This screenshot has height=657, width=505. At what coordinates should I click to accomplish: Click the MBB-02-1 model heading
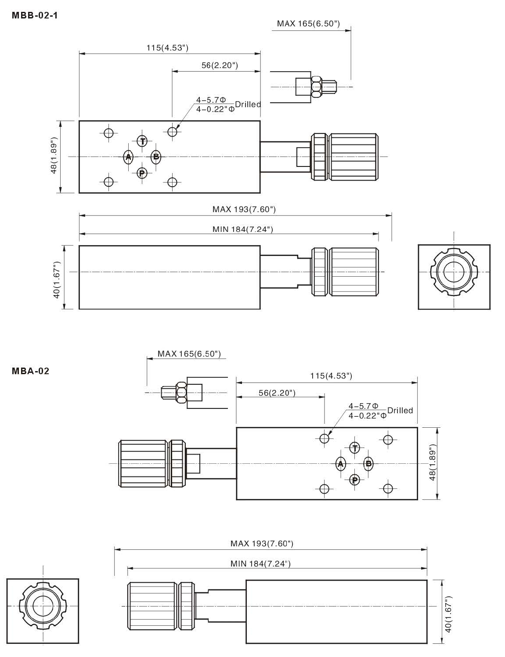35,15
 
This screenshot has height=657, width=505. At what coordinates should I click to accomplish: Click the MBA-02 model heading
30,371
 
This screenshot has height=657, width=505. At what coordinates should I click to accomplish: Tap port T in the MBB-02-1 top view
142,141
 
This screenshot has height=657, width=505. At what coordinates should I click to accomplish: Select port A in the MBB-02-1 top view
128,157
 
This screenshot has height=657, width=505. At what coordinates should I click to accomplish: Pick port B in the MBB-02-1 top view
156,157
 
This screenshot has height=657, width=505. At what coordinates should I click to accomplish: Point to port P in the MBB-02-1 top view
142,173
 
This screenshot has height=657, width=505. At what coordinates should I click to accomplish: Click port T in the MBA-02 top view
355,448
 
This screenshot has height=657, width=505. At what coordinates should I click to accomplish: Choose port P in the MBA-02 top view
355,480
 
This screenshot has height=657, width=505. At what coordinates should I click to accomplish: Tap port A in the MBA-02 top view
341,464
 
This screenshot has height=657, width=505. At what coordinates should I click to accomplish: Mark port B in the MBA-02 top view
368,464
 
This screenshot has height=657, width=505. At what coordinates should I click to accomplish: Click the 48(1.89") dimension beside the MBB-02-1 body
54,156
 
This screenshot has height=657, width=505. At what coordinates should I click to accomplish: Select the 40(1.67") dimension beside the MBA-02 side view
448,614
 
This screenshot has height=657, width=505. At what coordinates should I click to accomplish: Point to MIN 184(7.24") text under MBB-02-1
243,229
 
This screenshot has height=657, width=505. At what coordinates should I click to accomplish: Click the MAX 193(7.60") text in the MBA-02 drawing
262,544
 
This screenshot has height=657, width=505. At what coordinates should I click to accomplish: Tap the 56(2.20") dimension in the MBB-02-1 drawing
220,65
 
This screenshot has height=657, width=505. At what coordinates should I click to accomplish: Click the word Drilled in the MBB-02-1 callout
248,105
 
